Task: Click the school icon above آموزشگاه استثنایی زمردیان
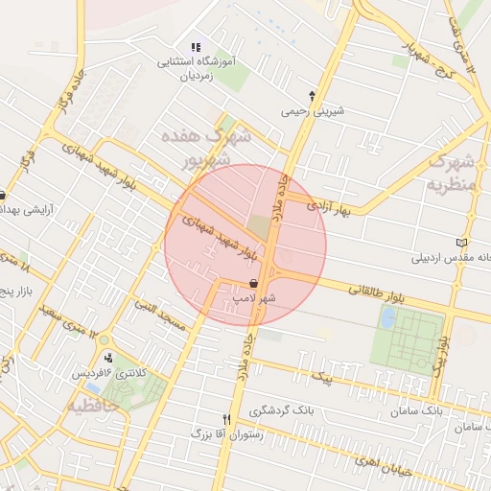point(196,46)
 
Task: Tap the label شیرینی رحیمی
point(311,110)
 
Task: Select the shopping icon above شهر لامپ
point(252,283)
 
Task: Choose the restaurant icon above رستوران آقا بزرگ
point(226,419)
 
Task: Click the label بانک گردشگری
point(282,410)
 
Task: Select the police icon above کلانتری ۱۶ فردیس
point(108,358)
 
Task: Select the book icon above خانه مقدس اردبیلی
point(463,243)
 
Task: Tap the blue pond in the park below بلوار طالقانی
point(386,319)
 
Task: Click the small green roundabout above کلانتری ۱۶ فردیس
point(104,341)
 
